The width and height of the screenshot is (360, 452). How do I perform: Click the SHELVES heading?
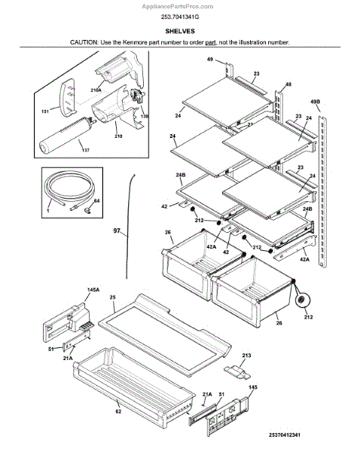180,31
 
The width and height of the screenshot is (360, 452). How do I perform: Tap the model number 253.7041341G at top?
180,17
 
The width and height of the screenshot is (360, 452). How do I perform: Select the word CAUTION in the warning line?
84,42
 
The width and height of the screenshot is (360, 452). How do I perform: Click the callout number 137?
86,150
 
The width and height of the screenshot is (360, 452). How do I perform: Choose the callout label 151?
45,111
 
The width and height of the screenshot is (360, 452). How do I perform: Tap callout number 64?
96,200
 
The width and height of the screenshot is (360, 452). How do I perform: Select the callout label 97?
117,231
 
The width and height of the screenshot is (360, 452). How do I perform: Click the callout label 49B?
316,102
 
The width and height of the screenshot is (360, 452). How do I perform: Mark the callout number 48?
288,84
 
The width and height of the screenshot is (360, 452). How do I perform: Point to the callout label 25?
113,297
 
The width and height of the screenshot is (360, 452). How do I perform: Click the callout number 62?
118,411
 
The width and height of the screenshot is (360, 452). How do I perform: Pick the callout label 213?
246,356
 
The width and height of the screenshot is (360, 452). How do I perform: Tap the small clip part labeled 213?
237,372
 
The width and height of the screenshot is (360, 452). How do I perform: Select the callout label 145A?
93,290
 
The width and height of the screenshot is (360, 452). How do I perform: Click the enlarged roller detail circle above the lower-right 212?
302,301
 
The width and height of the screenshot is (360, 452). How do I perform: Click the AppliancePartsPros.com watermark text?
178,6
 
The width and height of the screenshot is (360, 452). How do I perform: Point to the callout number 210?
118,136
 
